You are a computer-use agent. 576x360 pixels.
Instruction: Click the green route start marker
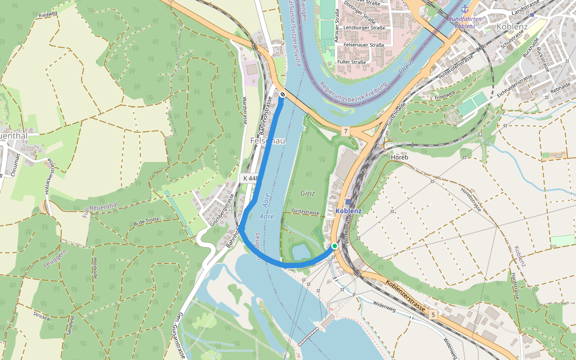tap(335, 247)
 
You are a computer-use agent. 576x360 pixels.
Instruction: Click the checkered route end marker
tap(282, 94)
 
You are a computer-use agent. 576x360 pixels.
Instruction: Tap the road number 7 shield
tap(346, 130)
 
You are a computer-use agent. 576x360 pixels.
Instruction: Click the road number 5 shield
tap(432, 314)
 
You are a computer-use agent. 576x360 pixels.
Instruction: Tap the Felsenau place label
tap(267, 140)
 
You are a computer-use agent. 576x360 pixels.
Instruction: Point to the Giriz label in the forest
tap(308, 194)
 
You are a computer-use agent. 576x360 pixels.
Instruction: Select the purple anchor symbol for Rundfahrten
tap(464, 9)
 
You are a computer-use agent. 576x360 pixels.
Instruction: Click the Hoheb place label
tap(399, 157)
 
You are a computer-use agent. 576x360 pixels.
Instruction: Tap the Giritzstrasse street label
tap(305, 212)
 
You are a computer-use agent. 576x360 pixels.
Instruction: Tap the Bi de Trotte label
tap(146, 221)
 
